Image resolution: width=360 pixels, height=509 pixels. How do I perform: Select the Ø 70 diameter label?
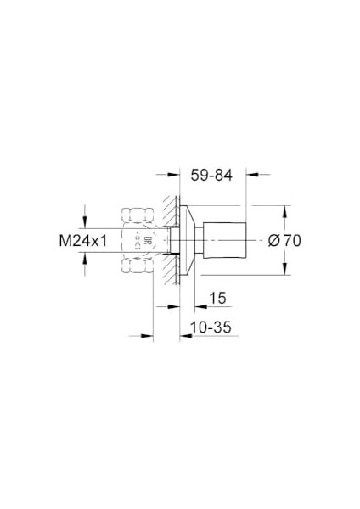[284, 240]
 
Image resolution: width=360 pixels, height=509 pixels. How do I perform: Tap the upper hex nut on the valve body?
[136, 212]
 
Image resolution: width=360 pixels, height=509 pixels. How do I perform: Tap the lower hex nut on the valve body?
[136, 268]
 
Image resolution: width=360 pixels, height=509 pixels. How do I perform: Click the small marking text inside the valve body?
[137, 240]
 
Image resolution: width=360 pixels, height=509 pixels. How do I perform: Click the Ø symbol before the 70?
[273, 240]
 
